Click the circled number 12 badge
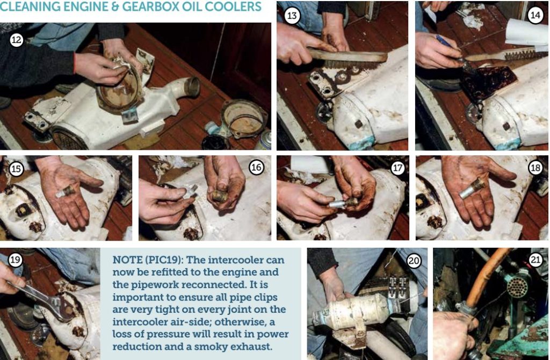click(x=16, y=40)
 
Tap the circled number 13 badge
click(x=292, y=16)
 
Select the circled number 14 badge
click(x=535, y=15)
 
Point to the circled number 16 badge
click(x=256, y=167)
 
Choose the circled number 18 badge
click(x=535, y=168)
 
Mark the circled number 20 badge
click(x=414, y=261)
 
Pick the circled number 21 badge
click(x=535, y=260)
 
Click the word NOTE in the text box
click(x=126, y=260)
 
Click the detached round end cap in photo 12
click(x=244, y=119)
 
